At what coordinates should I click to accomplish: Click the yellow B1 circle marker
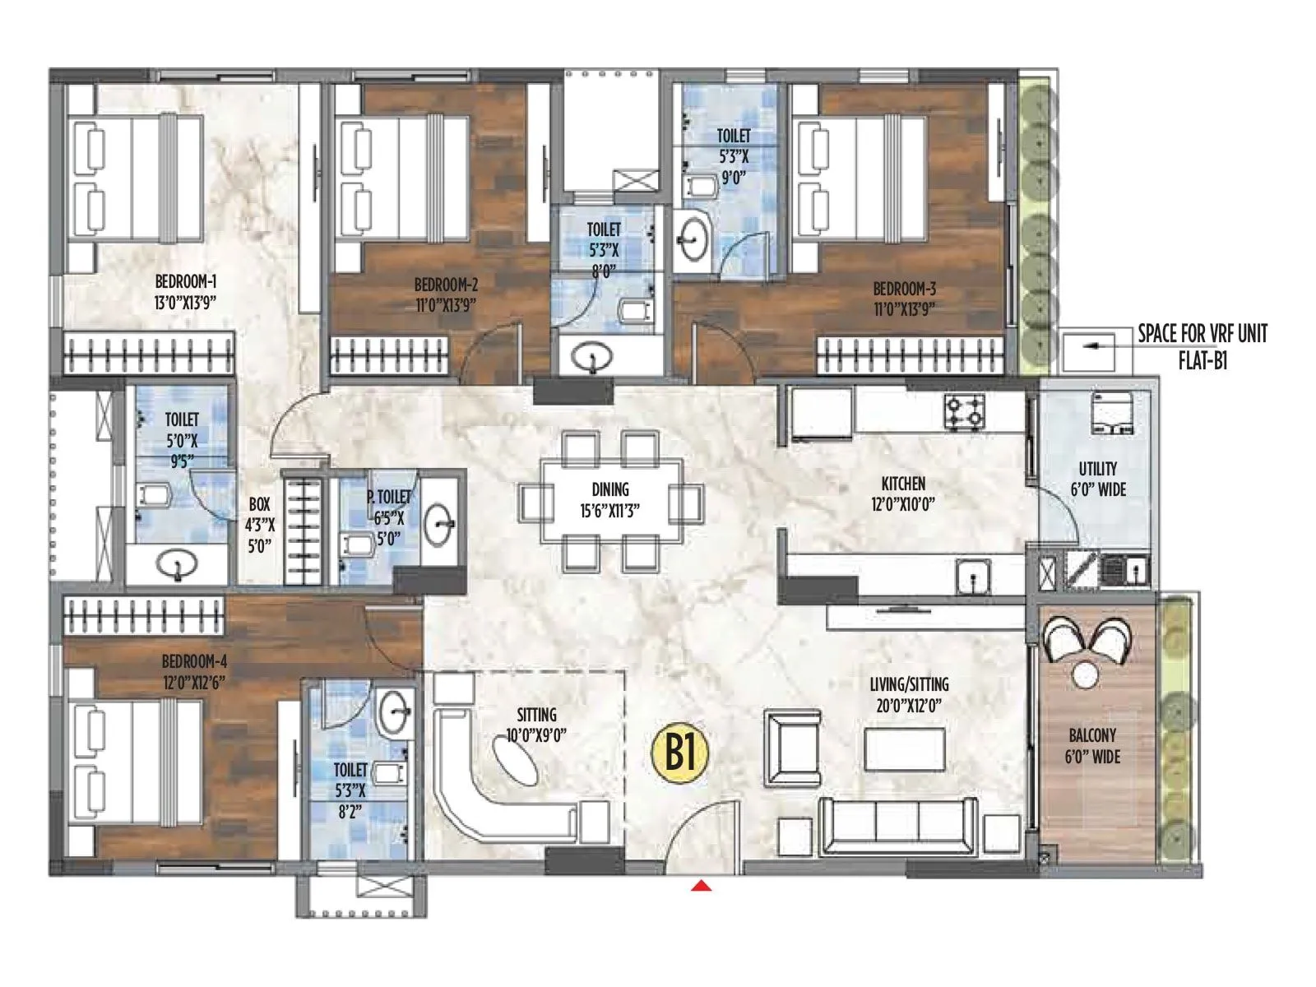tap(679, 752)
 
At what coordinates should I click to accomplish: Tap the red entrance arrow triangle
tap(701, 886)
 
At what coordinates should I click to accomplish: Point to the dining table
tap(611, 500)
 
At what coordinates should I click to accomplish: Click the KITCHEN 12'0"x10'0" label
tap(903, 493)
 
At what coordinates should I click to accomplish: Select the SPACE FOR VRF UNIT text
tap(1202, 334)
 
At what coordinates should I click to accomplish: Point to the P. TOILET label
tap(389, 497)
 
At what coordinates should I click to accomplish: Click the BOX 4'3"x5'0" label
tap(260, 525)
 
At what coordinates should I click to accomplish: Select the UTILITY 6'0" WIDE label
tap(1097, 479)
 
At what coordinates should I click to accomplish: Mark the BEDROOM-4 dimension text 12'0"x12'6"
tap(193, 682)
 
